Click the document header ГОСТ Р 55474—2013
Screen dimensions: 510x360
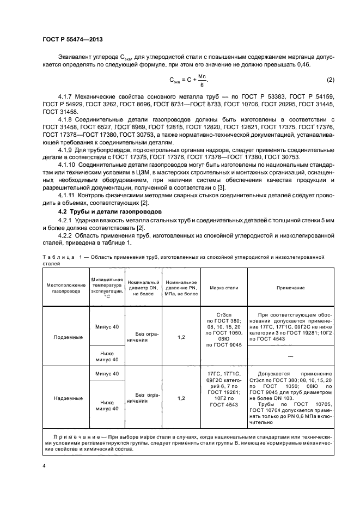[72, 40]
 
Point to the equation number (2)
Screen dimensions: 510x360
[330, 81]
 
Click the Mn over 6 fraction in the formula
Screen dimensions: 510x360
[202, 80]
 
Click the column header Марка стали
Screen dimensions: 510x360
[224, 287]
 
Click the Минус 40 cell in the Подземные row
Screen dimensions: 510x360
[106, 326]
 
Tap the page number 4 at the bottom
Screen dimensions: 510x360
[44, 466]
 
